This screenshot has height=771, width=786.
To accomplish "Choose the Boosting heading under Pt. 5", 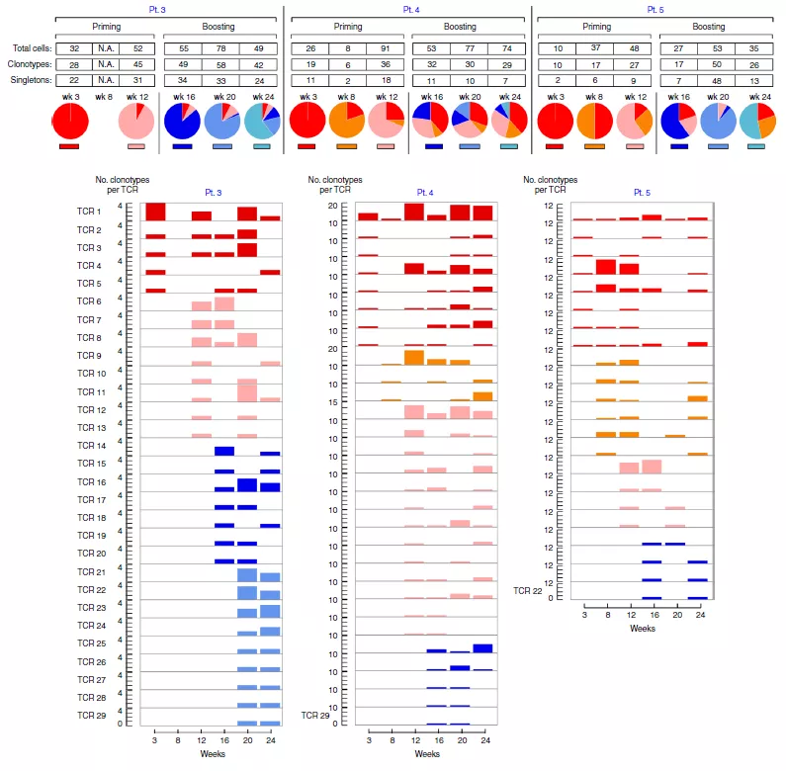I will [709, 26].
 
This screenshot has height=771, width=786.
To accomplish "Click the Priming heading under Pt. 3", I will [106, 26].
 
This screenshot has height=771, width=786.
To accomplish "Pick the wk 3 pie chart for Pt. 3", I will [69, 123].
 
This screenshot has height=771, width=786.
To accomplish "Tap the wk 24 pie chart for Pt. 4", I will [507, 123].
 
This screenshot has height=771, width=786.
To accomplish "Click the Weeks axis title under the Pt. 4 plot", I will [427, 755].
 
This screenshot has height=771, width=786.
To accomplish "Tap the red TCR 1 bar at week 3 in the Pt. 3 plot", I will [155, 212].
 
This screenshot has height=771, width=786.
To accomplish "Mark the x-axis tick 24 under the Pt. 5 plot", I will [698, 614].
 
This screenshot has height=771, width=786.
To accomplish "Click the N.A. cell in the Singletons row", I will [106, 78].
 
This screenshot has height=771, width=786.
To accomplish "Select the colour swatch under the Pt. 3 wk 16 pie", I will [182, 146].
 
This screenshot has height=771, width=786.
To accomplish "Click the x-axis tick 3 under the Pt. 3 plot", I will [155, 737].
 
